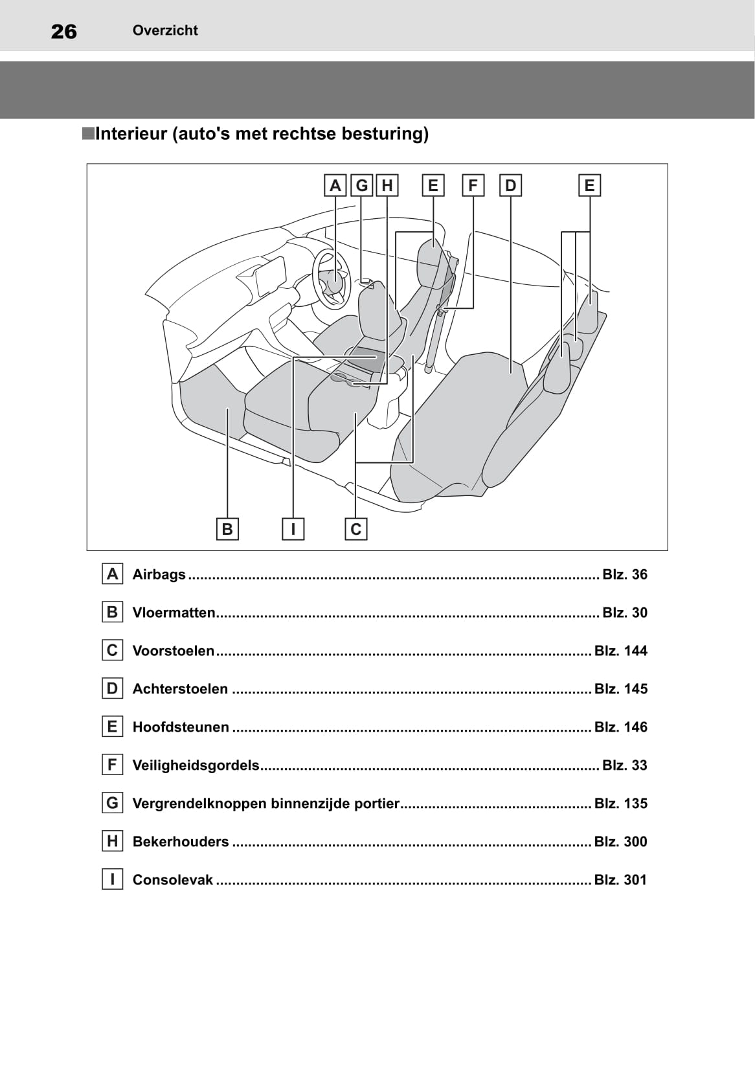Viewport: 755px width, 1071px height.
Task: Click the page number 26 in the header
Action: coord(63,32)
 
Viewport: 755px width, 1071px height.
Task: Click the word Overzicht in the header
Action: coord(165,30)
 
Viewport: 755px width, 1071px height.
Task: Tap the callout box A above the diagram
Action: coord(335,185)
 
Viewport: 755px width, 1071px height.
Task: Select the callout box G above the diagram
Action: coord(361,185)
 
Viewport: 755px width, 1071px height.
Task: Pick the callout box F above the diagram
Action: coord(473,185)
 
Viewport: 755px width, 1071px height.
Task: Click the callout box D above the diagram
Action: coord(511,185)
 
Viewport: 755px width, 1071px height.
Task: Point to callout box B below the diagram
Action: coord(227,529)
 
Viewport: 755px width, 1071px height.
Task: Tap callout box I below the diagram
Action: coord(293,529)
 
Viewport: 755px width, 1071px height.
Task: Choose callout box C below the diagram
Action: coord(355,529)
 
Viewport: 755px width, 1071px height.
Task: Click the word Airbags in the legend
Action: coord(159,574)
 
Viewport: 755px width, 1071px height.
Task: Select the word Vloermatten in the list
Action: coord(174,613)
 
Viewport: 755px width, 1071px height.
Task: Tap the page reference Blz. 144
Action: coord(620,651)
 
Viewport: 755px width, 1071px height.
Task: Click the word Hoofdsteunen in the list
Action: coord(181,727)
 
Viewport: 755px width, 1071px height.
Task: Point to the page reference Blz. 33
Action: coord(624,765)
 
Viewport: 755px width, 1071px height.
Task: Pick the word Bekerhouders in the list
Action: coord(181,842)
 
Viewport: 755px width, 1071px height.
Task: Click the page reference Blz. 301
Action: coord(620,880)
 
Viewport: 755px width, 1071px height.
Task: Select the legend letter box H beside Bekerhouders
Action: coord(113,841)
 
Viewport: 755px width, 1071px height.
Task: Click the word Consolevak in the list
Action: coord(173,880)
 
